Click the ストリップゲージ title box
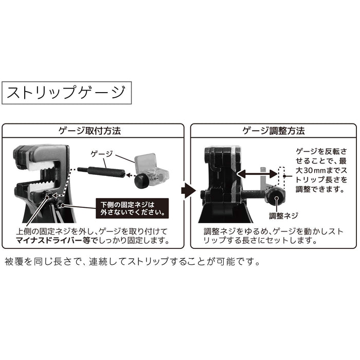point(66,94)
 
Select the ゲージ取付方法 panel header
point(94,131)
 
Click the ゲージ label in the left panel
point(101,153)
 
